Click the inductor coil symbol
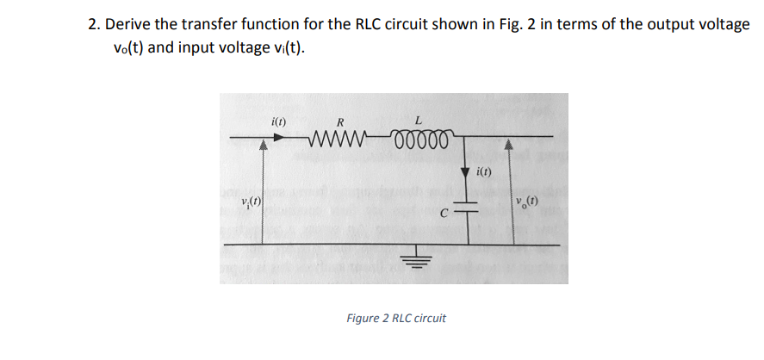coord(419,140)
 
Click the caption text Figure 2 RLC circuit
coord(396,319)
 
